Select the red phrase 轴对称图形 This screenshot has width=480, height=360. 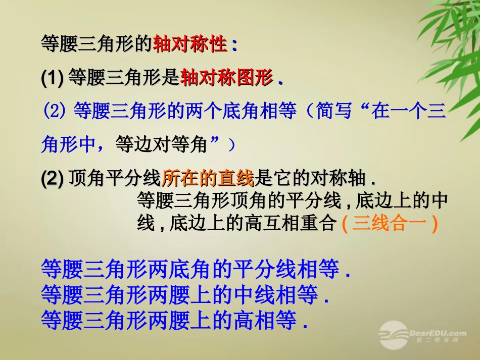[226, 78]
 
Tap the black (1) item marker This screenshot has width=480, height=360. [53, 78]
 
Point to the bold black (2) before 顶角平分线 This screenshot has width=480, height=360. [53, 178]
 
